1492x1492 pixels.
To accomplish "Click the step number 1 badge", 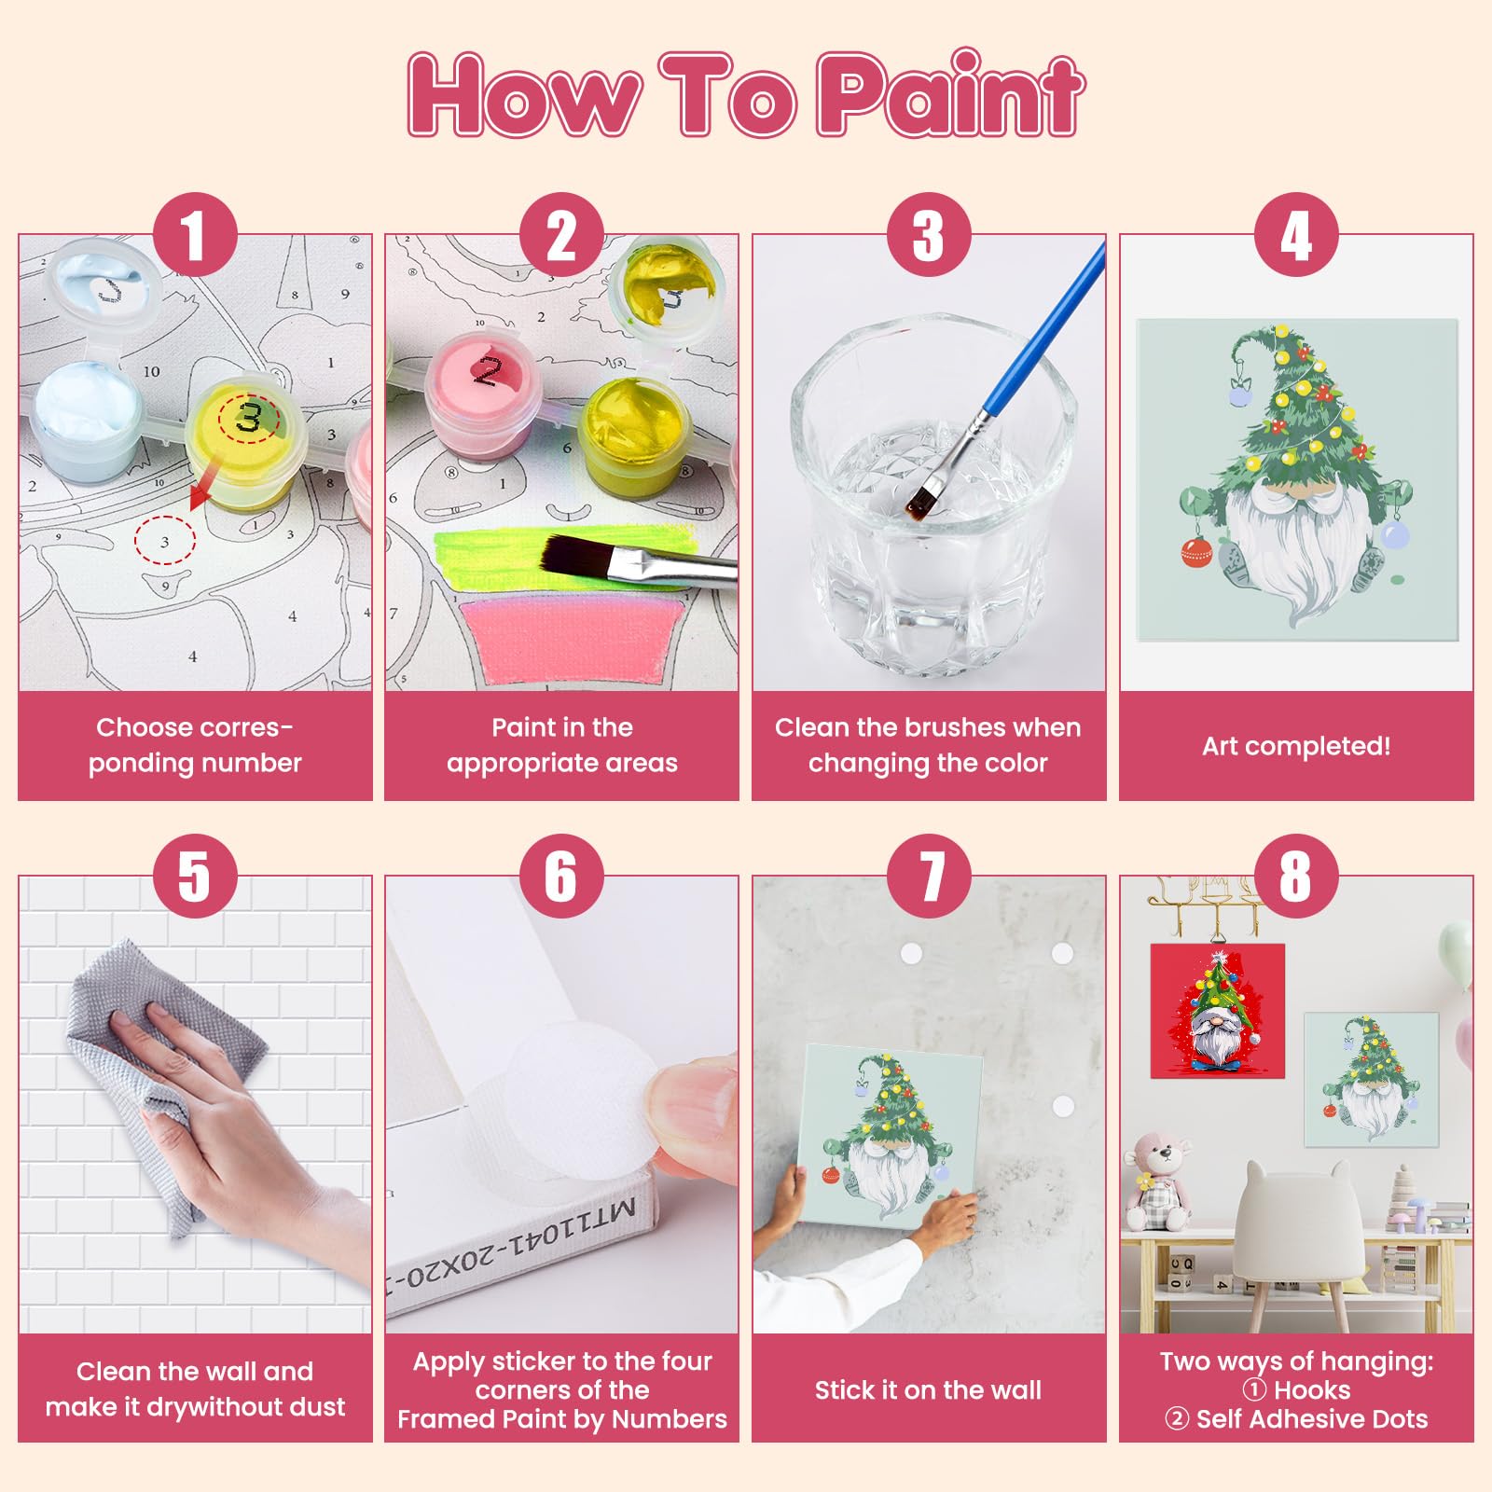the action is coord(194,236).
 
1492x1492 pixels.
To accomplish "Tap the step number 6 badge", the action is coord(561,877).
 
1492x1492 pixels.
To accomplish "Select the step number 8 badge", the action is coord(1296,877).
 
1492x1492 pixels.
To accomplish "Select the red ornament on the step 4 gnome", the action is coord(1195,552).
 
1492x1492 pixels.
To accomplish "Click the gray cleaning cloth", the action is coord(159,1072).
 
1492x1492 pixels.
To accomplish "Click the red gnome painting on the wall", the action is coord(1218,1011).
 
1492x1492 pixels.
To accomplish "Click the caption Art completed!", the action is coord(1296,746).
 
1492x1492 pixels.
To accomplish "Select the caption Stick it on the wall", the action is coord(928,1390).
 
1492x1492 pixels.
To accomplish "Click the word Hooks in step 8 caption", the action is coord(1312,1390).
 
